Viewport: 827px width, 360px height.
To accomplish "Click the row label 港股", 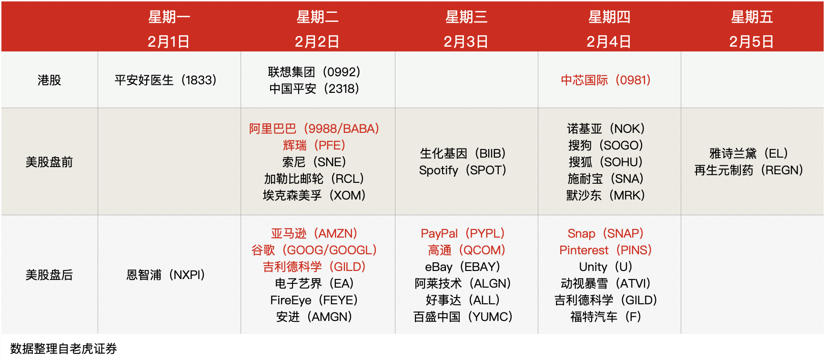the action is [50, 80].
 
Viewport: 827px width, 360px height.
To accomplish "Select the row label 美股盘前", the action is [50, 162].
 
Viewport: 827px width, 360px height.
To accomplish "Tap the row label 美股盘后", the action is [50, 275].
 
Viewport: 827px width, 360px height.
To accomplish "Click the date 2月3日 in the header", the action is [466, 41].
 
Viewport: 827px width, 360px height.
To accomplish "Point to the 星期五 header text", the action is [752, 17].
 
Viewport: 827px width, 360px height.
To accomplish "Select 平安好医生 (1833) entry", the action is [166, 80].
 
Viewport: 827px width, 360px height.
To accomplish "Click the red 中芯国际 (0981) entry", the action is [606, 80].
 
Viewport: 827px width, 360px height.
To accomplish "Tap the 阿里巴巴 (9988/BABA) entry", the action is [314, 129].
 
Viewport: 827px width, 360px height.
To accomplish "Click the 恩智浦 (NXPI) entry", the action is [166, 275].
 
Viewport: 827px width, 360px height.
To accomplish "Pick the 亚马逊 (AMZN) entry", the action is [314, 233].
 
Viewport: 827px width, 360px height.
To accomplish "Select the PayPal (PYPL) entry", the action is [463, 233].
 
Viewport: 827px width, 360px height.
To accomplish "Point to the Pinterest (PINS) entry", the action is [606, 250].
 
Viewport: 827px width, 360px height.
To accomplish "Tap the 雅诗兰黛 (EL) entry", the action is [749, 153].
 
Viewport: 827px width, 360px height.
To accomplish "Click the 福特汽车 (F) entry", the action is [606, 317].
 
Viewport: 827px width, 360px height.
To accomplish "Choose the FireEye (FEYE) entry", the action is [314, 300].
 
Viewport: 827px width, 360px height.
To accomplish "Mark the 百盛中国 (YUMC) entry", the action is [463, 317].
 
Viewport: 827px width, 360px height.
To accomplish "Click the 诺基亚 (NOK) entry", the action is [606, 129].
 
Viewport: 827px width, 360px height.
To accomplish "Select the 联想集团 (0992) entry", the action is [314, 72].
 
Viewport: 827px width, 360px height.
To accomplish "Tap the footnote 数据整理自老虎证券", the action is [64, 349].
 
